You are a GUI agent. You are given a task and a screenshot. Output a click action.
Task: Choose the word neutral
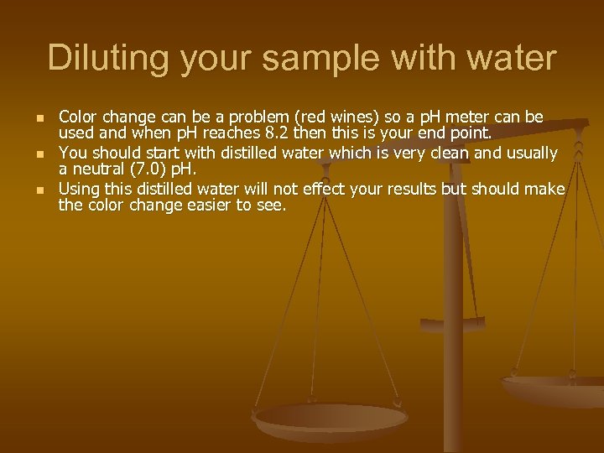[x=96, y=171]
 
